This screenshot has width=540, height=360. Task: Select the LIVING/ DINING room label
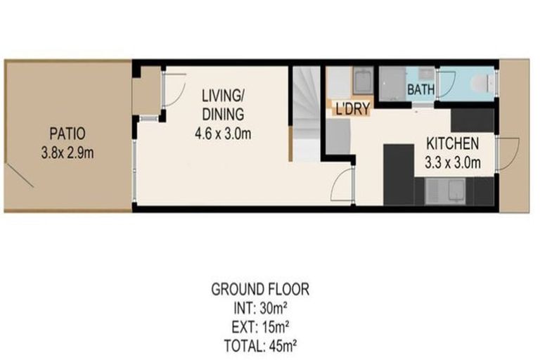coord(222,104)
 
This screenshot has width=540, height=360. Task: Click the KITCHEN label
coord(453,144)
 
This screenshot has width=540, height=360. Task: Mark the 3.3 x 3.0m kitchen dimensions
coord(454,164)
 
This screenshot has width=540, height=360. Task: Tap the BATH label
coord(420,91)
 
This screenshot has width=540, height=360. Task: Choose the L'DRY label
coord(352,110)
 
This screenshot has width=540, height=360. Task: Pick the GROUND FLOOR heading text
coord(260,289)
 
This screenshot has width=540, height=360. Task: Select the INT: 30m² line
coord(260,307)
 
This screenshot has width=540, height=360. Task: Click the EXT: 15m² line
coord(260,326)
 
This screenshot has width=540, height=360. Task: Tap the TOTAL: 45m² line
coord(260,345)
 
